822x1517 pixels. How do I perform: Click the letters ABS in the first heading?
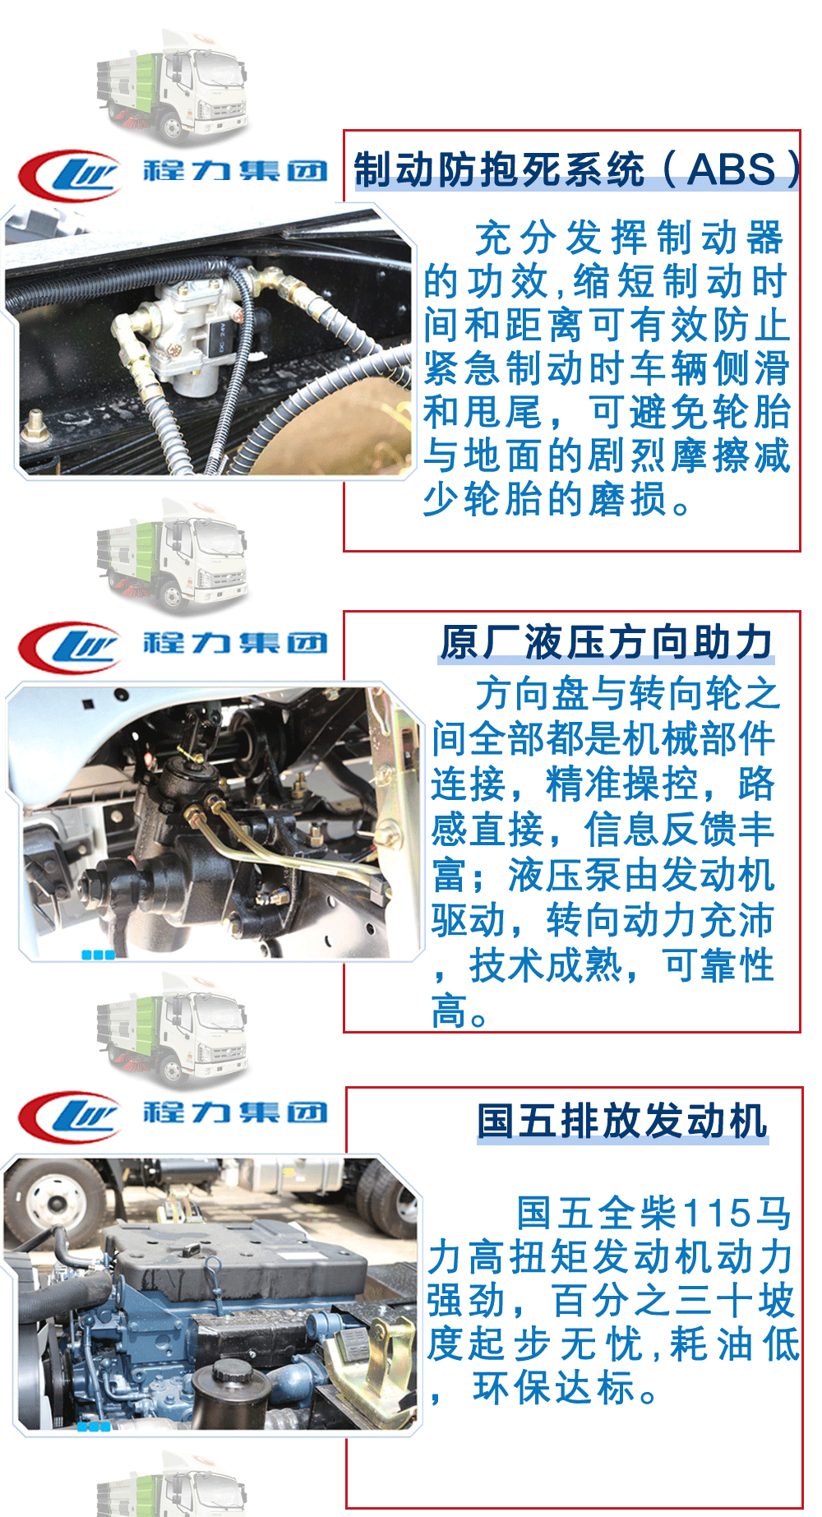pyautogui.click(x=732, y=169)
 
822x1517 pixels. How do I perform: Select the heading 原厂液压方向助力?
pyautogui.click(x=607, y=642)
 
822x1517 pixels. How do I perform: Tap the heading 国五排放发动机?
pyautogui.click(x=622, y=1121)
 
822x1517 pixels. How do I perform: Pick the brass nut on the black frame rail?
pyautogui.click(x=35, y=426)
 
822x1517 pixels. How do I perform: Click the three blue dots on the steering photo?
pyautogui.click(x=98, y=955)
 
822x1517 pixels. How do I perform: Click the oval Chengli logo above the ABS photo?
pyautogui.click(x=69, y=175)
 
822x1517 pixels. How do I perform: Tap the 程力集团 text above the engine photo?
pyautogui.click(x=235, y=1112)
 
